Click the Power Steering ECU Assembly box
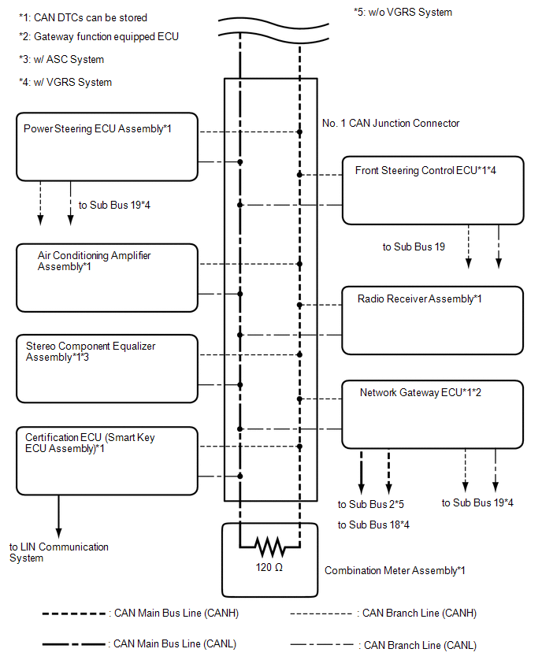pos(107,146)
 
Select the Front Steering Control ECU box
pos(432,191)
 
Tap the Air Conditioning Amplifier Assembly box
pos(107,278)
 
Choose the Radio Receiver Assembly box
pos(432,321)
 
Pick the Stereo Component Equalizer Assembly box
pos(107,369)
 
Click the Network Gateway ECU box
pos(432,414)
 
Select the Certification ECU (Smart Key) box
pos(107,461)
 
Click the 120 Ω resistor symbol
pos(269,547)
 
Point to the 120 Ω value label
pos(269,568)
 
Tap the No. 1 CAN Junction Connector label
pos(391,123)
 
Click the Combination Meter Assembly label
pos(395,570)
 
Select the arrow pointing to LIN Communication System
pos(58,517)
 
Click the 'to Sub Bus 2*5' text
pos(371,504)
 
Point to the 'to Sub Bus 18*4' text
pos(373,525)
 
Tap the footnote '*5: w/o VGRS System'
pos(403,12)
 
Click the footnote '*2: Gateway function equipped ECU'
pos(99,37)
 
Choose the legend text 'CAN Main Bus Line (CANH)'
pos(176,614)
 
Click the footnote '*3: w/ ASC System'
pos(61,60)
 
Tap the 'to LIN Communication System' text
pos(59,552)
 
